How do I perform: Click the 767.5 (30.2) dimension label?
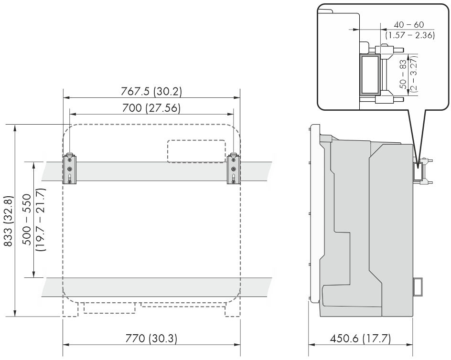(x=151, y=92)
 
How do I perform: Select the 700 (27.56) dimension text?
(x=151, y=108)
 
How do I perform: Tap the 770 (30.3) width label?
(x=151, y=338)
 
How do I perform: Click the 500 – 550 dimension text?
(x=27, y=220)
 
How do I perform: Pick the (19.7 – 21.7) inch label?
(x=40, y=220)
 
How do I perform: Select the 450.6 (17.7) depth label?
(x=360, y=339)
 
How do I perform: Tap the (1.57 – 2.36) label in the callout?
(x=410, y=35)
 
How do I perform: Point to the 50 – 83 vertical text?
(x=403, y=74)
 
